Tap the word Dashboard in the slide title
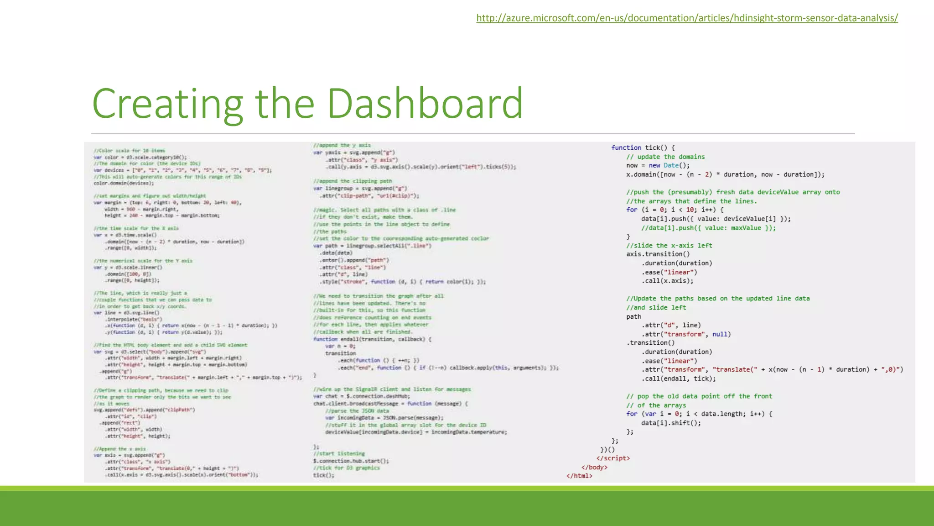(425, 103)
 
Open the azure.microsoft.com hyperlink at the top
(687, 18)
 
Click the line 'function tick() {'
(643, 148)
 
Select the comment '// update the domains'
(665, 157)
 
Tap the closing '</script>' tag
(613, 458)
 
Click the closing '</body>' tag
(594, 468)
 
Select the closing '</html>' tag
(579, 476)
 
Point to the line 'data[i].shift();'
(671, 423)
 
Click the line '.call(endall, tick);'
(679, 379)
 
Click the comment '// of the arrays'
(656, 405)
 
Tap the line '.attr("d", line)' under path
(671, 326)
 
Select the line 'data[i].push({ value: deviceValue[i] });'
(716, 219)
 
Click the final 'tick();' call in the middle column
(323, 475)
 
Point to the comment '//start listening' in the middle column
(339, 454)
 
